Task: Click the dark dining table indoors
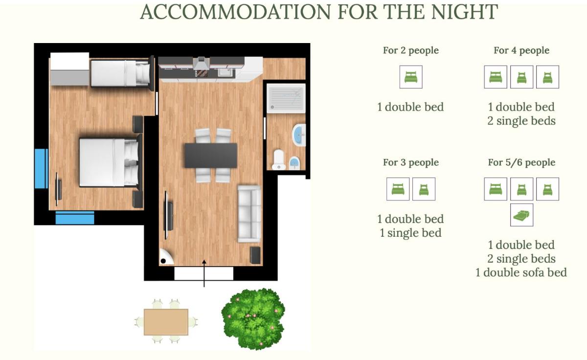[211, 156]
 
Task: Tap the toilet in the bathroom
[278, 159]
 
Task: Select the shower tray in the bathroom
[286, 98]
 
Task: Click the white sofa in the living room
[249, 214]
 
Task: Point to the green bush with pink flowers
[253, 319]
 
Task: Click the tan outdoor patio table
[166, 322]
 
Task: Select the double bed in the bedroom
[110, 162]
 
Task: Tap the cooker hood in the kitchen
[201, 64]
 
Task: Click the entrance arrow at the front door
[204, 273]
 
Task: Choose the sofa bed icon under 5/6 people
[521, 215]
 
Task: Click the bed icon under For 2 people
[411, 77]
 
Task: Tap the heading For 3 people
[410, 162]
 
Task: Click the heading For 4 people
[521, 50]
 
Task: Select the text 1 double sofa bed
[521, 272]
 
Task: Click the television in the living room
[168, 215]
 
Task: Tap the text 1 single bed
[410, 233]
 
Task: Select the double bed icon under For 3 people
[398, 189]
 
